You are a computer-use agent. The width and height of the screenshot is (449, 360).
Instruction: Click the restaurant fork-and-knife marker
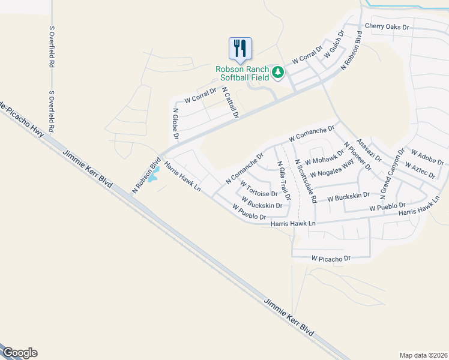240,48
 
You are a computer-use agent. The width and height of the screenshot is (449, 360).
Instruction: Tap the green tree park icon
277,73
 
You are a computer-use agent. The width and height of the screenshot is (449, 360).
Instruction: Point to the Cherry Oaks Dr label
387,27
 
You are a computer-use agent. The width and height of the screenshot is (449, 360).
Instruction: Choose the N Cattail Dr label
231,102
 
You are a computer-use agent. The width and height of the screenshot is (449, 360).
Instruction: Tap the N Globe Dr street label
176,124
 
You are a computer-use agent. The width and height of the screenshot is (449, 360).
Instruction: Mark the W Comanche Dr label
311,133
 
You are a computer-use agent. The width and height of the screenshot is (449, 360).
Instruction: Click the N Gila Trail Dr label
283,180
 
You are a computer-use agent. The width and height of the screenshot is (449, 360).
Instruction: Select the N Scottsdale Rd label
305,181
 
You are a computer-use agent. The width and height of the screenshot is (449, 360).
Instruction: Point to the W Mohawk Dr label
324,157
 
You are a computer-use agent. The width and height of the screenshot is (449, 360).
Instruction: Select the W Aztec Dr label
420,169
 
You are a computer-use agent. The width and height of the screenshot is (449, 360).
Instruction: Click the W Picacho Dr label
330,258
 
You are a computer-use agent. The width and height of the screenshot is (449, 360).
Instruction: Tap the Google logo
19,353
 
